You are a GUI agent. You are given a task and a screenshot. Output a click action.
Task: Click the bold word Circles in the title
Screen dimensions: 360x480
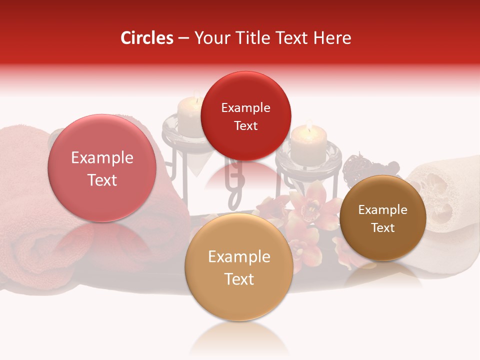(147, 38)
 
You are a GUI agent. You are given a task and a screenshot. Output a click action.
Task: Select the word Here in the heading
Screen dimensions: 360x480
(333, 38)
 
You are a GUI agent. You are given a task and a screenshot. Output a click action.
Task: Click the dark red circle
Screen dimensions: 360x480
(245, 116)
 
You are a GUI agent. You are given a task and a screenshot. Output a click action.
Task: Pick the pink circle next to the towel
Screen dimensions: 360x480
(102, 168)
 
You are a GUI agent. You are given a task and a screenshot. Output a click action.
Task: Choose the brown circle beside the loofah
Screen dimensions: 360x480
(382, 218)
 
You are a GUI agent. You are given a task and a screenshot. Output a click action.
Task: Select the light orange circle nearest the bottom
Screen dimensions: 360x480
(239, 267)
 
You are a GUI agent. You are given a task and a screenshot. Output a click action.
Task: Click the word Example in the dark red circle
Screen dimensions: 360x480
(245, 107)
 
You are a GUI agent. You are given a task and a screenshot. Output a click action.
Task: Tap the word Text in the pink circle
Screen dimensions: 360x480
(102, 180)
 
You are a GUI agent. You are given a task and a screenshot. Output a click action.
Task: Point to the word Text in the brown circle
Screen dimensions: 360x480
(382, 227)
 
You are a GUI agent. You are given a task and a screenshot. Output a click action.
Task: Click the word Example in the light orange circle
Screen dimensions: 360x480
(239, 256)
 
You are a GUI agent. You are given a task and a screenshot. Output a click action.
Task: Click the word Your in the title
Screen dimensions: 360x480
(210, 38)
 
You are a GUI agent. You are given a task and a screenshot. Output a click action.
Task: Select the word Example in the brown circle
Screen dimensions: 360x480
(382, 209)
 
